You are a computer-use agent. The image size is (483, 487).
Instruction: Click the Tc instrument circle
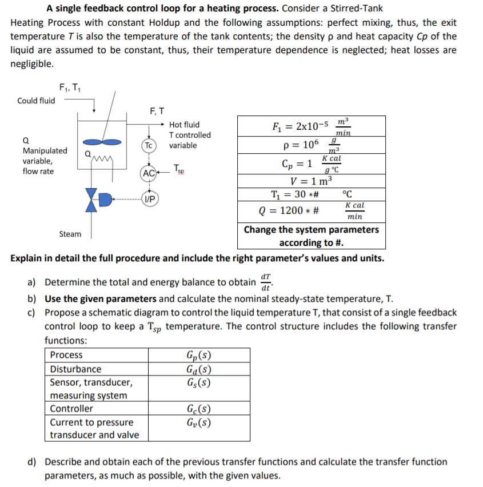click(148, 145)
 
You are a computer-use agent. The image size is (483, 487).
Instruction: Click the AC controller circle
click(148, 173)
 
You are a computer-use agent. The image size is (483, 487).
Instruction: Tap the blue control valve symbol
click(91, 199)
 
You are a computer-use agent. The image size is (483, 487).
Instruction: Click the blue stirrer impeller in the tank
click(94, 141)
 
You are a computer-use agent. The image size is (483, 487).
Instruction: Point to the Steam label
click(70, 234)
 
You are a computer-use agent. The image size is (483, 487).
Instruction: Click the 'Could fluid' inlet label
click(36, 101)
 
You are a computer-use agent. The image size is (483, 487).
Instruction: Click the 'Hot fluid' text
click(184, 125)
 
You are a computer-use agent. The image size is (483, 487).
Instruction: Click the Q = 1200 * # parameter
click(289, 211)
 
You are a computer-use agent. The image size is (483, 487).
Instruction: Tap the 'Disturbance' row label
click(75, 369)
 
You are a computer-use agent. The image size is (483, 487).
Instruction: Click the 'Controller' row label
click(71, 409)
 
